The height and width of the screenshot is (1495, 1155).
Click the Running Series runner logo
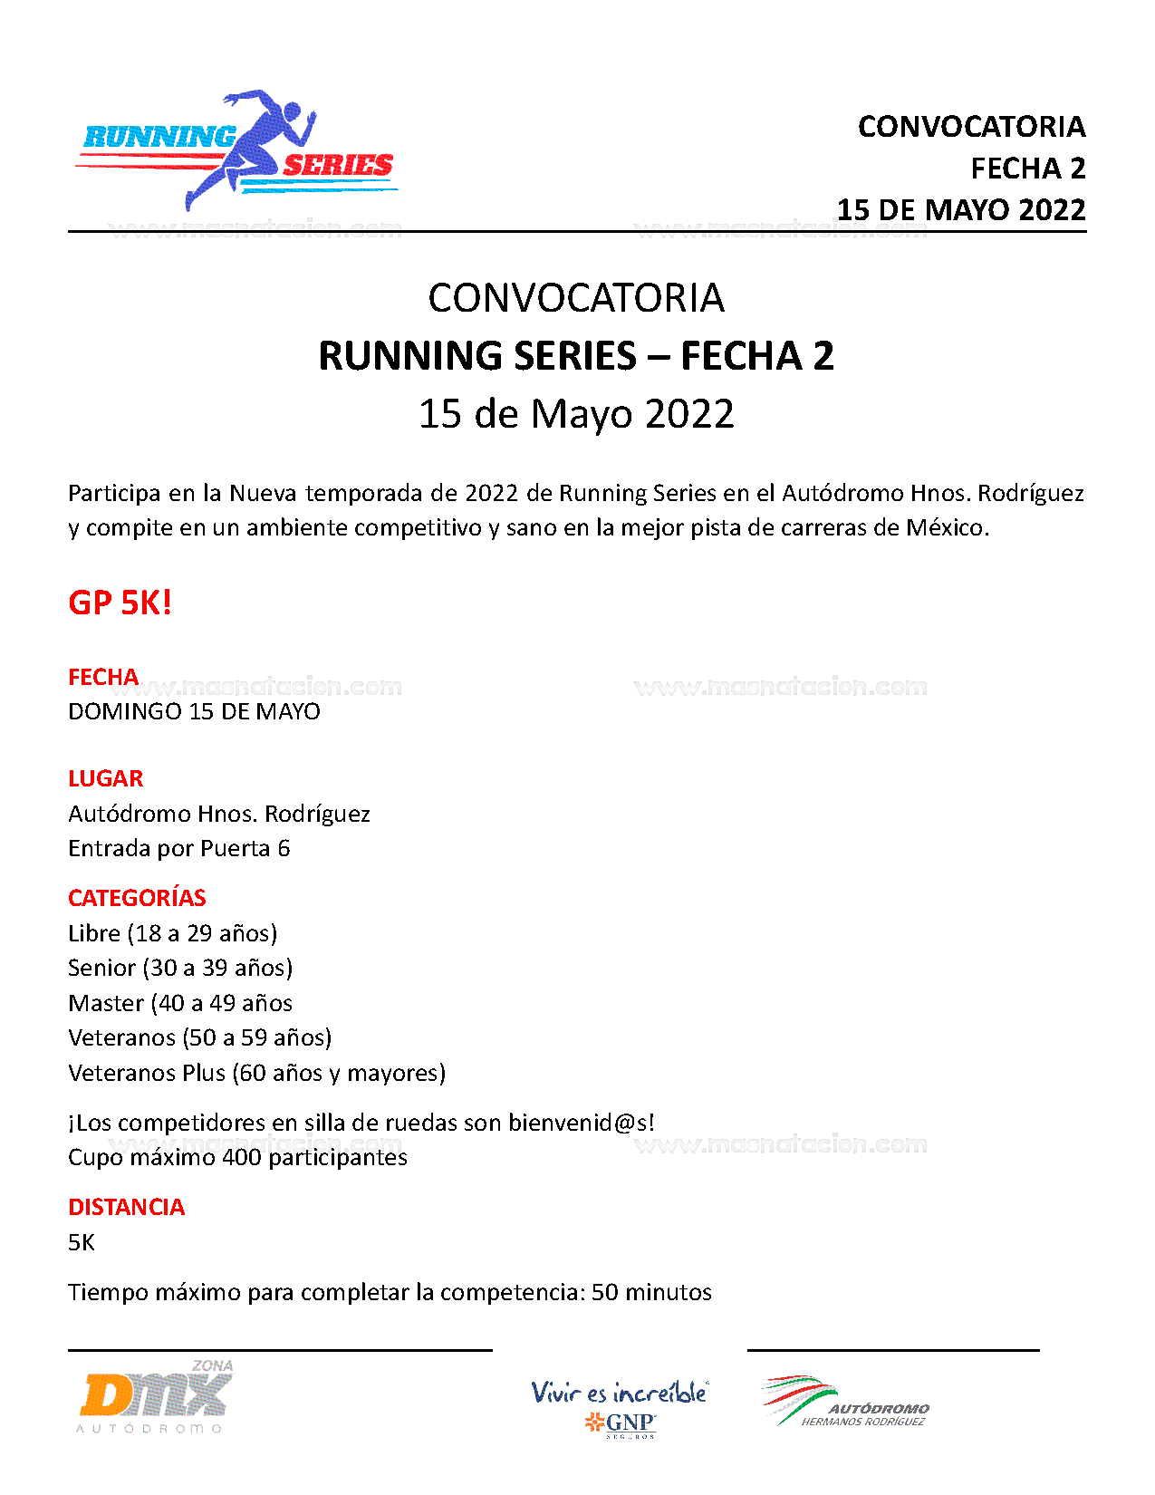click(237, 150)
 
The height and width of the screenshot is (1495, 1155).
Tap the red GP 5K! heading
click(120, 603)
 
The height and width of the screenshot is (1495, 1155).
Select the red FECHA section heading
click(103, 677)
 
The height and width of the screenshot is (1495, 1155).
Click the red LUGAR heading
click(105, 778)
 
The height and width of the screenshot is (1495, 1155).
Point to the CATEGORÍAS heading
click(137, 898)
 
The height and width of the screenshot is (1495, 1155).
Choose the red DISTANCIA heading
click(126, 1207)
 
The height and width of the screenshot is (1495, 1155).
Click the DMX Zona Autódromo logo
click(156, 1397)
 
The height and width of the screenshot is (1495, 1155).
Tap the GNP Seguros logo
click(620, 1408)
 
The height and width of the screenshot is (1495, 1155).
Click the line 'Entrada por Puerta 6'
click(178, 848)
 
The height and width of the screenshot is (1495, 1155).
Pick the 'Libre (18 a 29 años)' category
click(172, 933)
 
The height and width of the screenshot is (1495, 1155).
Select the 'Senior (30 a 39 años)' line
click(180, 968)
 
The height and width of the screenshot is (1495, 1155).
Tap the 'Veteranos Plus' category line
click(256, 1073)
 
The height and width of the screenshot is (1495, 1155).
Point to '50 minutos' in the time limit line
click(651, 1292)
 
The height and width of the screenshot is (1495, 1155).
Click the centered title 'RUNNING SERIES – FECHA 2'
click(576, 355)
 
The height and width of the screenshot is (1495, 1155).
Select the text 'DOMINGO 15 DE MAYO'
click(194, 711)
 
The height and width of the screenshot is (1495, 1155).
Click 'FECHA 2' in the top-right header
click(1027, 169)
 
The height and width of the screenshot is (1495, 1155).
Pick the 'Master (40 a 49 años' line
click(180, 1003)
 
